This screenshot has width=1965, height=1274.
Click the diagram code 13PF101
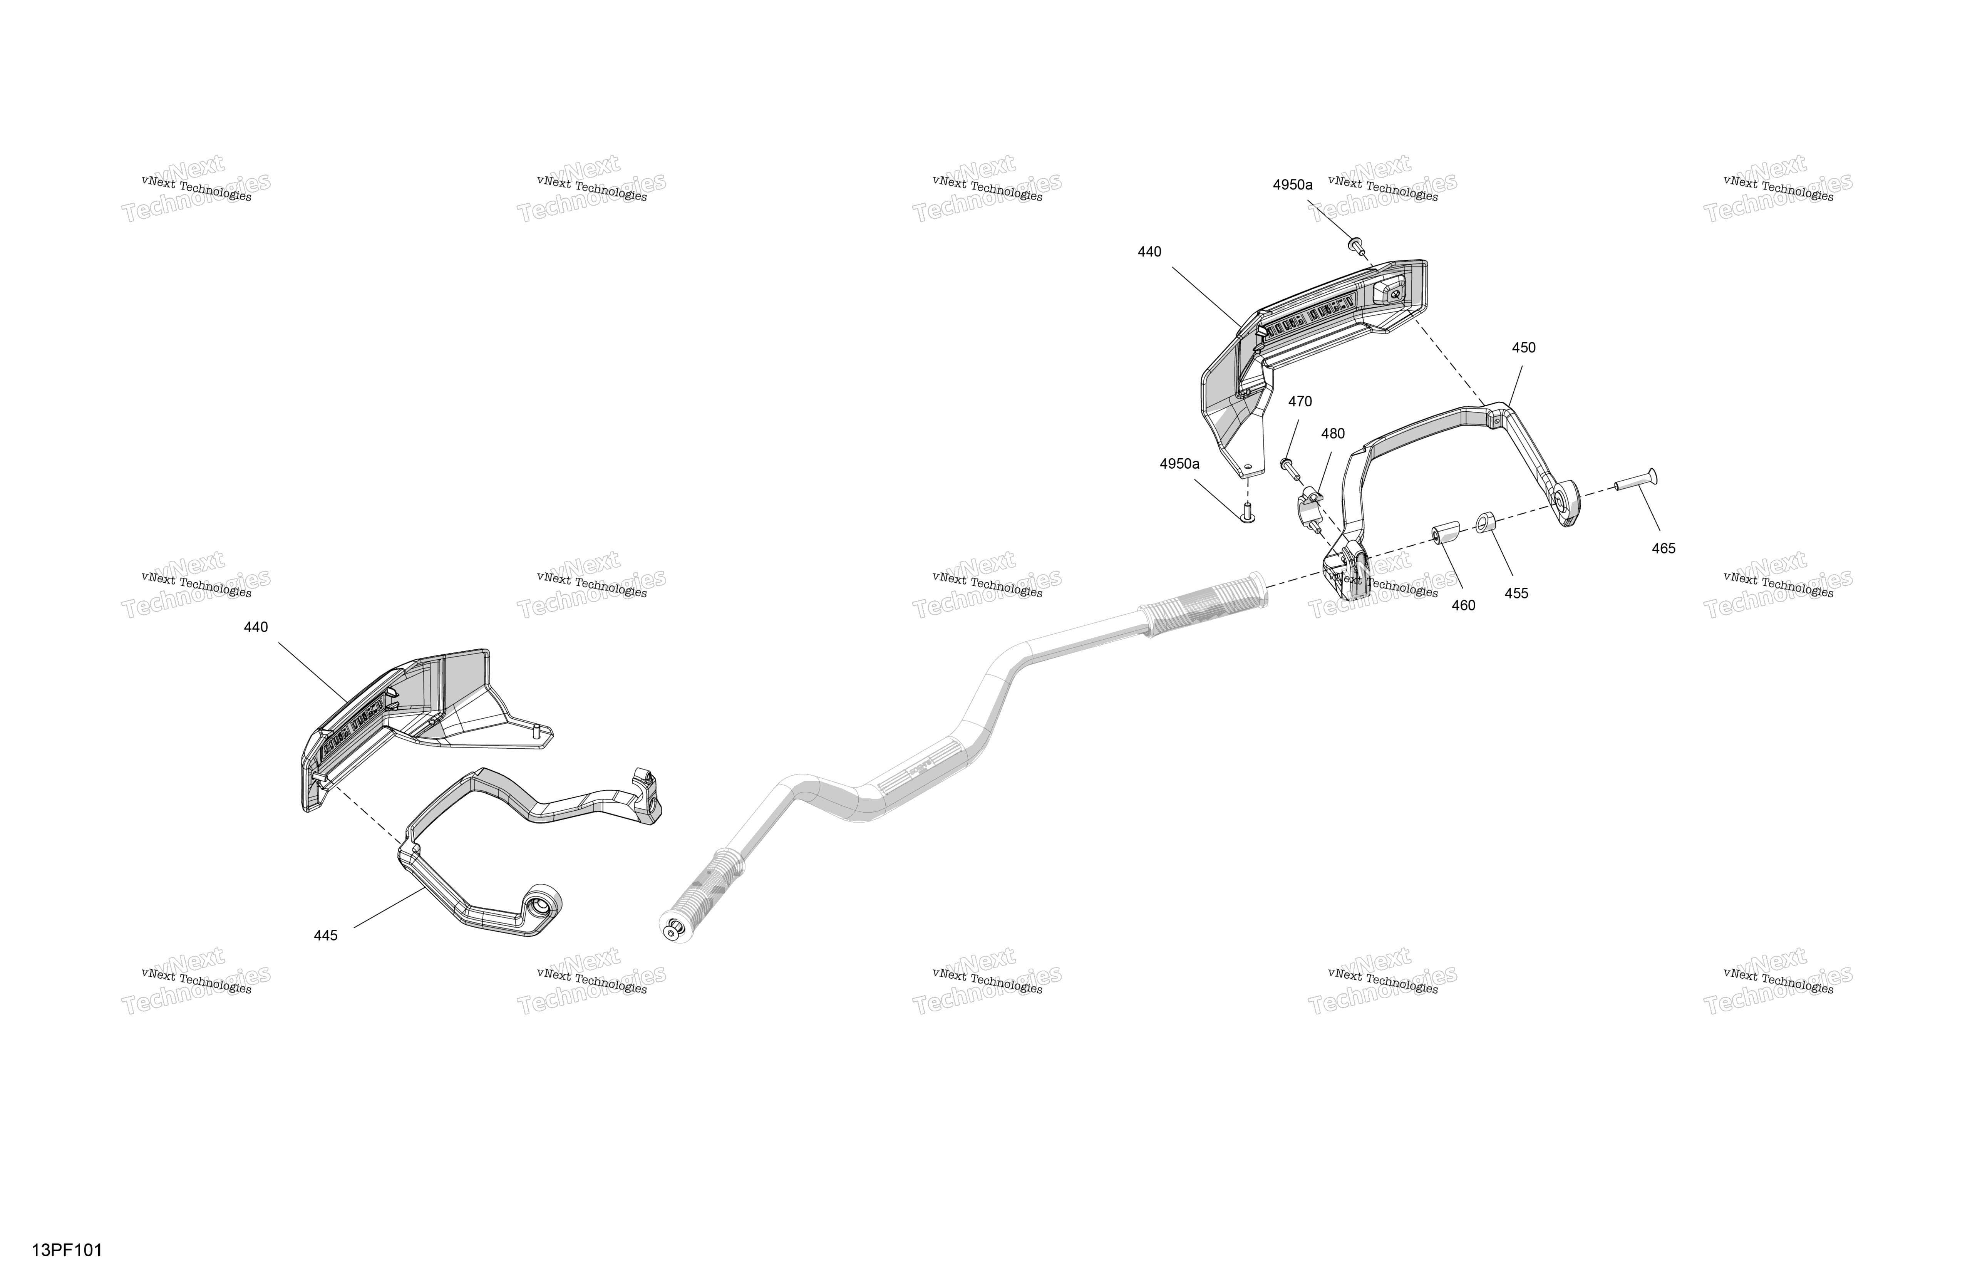(x=67, y=1250)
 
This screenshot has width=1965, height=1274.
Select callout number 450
(x=1523, y=348)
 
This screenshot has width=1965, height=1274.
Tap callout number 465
(x=1663, y=548)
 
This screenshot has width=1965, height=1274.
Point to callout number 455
(x=1516, y=593)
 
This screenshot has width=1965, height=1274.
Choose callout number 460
(x=1463, y=605)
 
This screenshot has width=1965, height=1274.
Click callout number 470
(x=1300, y=401)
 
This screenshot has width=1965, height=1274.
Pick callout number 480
(x=1333, y=434)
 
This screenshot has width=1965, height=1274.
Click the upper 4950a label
(x=1292, y=185)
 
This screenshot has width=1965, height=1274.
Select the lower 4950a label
(x=1179, y=464)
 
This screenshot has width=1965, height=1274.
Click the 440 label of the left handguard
(x=256, y=627)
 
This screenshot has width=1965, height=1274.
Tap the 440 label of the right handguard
(x=1149, y=252)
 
